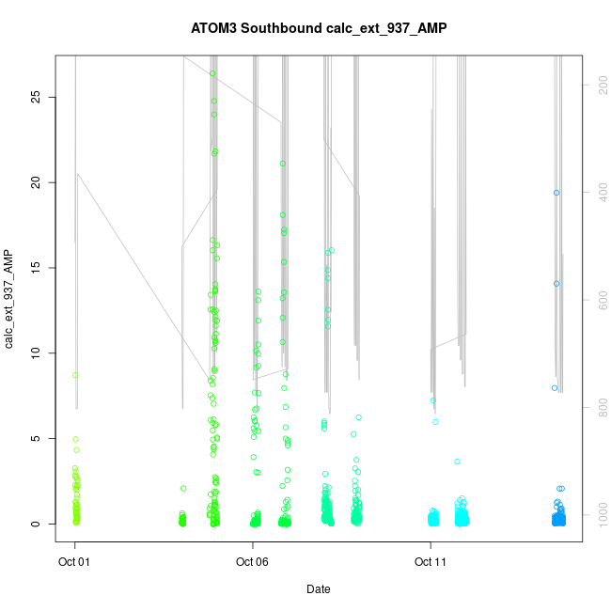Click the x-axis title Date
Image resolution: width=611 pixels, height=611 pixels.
click(318, 589)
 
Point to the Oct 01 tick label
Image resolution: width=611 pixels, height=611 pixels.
click(75, 563)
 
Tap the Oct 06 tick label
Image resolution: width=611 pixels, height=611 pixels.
click(252, 563)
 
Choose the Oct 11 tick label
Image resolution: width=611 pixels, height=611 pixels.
click(431, 563)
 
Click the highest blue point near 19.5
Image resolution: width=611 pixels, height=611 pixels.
click(556, 193)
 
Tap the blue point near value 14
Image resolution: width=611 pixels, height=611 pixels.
click(556, 283)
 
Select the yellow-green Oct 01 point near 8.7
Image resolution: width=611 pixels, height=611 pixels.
click(75, 375)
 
